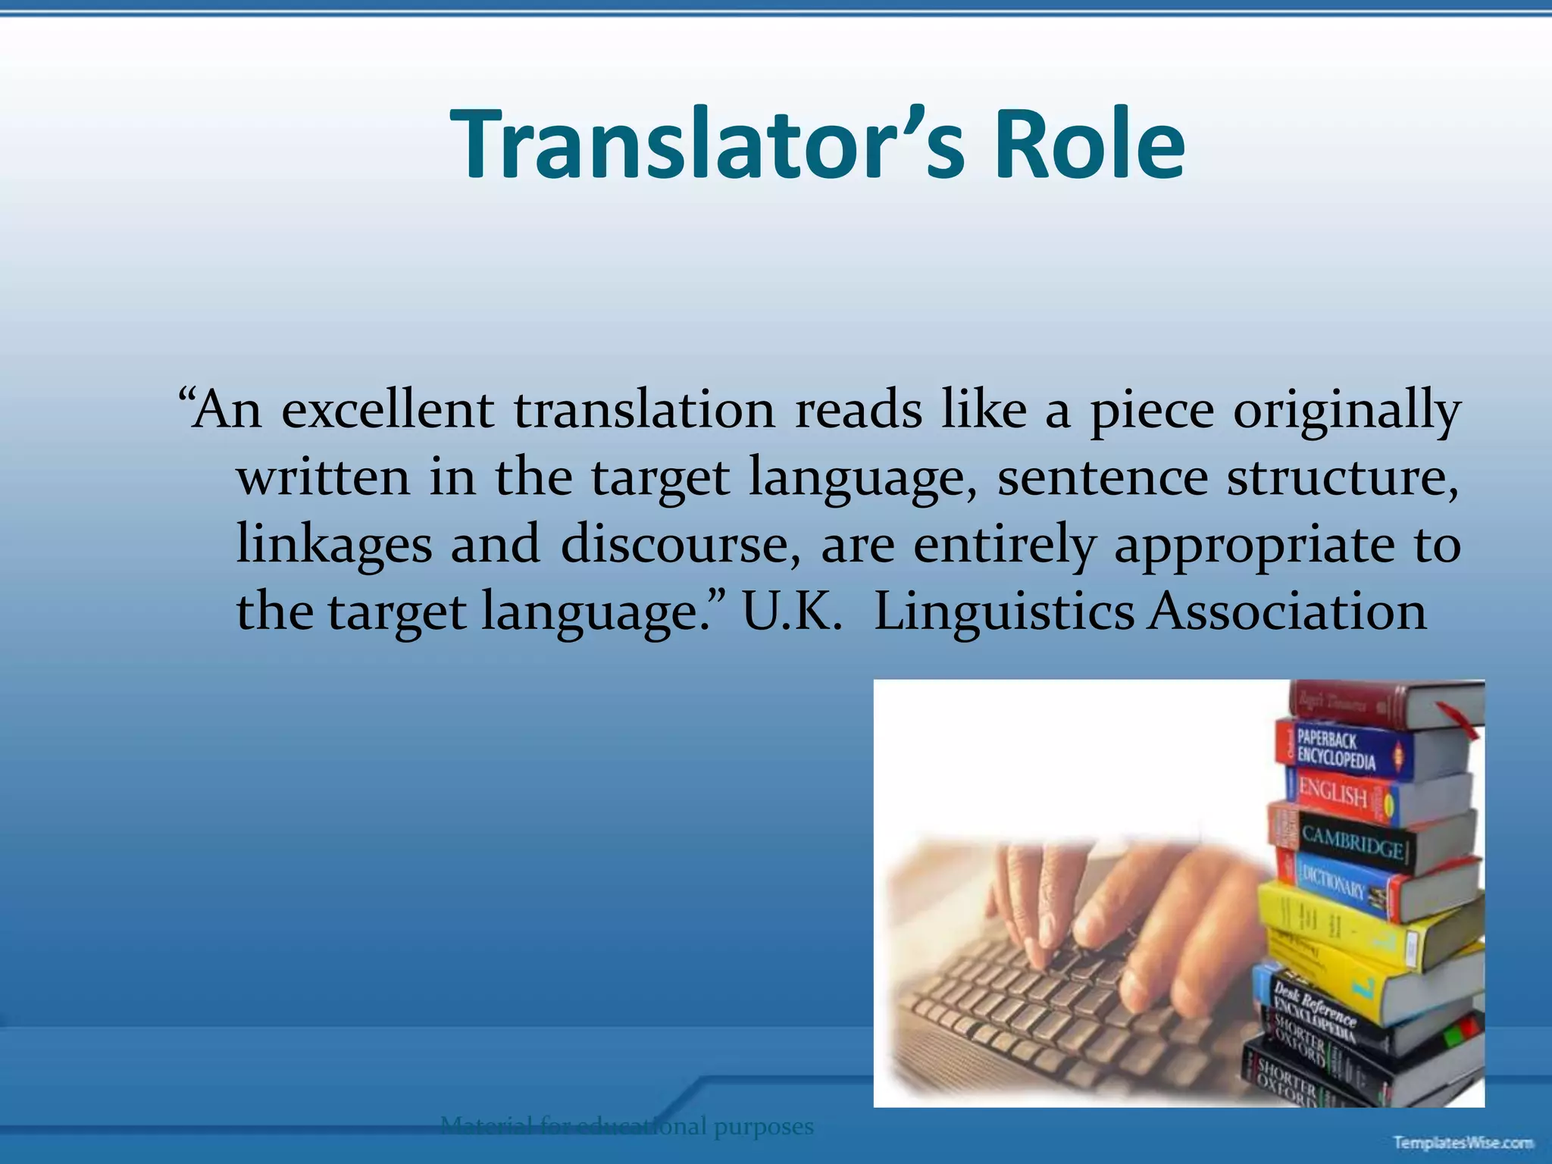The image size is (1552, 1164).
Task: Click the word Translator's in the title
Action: point(708,144)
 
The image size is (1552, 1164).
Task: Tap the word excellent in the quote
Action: point(387,410)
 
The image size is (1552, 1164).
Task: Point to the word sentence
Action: point(1102,478)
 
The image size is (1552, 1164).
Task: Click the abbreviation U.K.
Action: point(791,611)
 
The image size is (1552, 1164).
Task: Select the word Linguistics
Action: point(1003,612)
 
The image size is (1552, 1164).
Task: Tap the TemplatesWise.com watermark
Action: point(1463,1142)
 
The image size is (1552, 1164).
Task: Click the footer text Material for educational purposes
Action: point(626,1126)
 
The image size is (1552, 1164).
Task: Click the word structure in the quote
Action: point(1341,478)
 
